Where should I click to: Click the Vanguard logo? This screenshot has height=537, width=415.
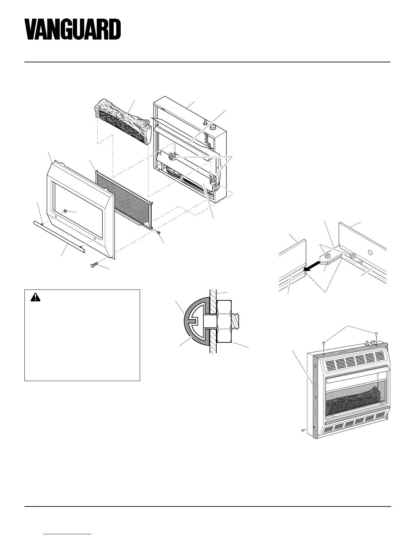point(73,29)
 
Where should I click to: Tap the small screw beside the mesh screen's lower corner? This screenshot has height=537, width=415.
point(158,232)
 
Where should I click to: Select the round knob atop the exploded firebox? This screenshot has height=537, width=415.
point(213,127)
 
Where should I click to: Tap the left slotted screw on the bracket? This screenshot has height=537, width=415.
point(329,255)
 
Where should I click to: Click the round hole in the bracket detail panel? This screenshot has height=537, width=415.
point(370,252)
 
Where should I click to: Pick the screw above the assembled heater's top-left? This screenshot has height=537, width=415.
point(324,343)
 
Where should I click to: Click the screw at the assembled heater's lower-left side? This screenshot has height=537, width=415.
point(303,430)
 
